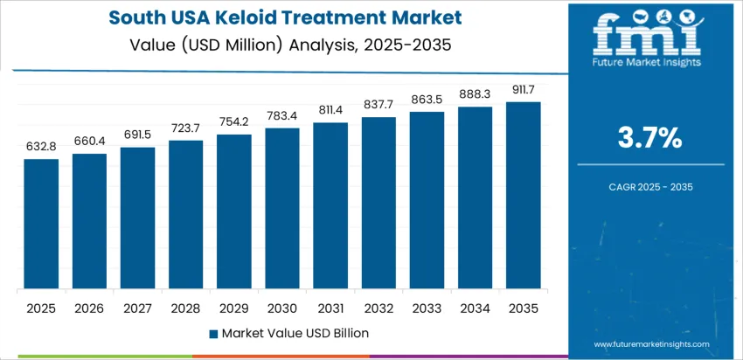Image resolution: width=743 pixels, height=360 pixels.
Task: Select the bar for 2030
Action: pyautogui.click(x=282, y=209)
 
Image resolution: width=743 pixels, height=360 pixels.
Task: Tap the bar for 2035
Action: pyautogui.click(x=524, y=196)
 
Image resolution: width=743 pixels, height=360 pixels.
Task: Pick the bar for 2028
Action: pyautogui.click(x=186, y=215)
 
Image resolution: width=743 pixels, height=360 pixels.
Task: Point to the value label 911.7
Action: pyautogui.click(x=524, y=91)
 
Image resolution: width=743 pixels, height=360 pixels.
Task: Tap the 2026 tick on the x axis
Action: pyautogui.click(x=89, y=308)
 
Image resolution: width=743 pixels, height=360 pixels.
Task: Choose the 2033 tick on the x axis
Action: pyautogui.click(x=427, y=308)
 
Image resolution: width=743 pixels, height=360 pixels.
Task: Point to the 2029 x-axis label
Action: pyautogui.click(x=234, y=308)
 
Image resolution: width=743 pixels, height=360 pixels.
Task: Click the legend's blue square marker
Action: pyautogui.click(x=213, y=333)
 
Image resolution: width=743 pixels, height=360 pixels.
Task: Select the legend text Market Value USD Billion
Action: pyautogui.click(x=295, y=333)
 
